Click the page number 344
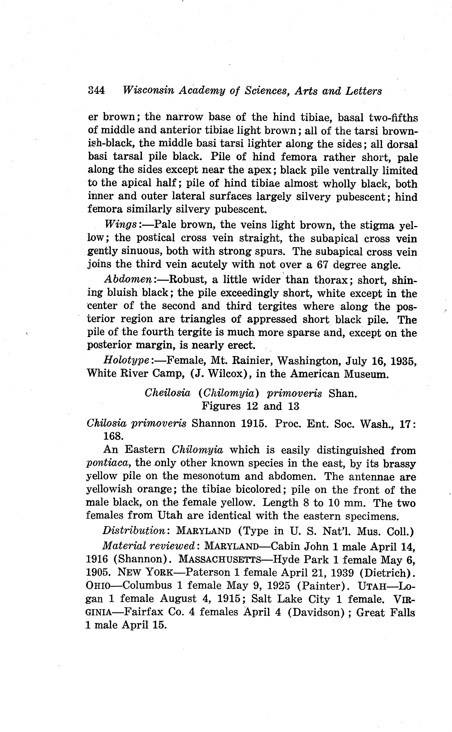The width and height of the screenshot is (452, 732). click(96, 91)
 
